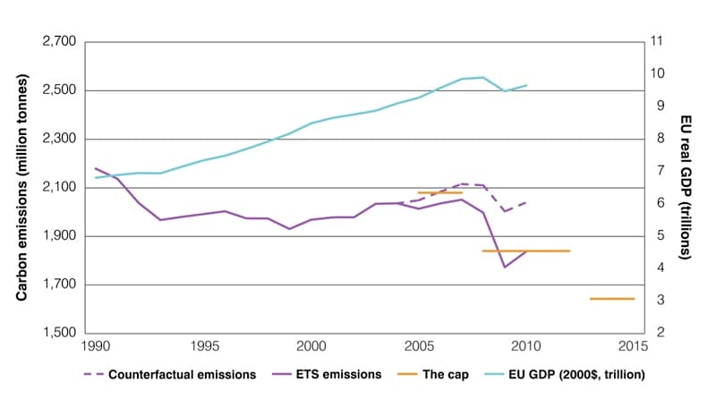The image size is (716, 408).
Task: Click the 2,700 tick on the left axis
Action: click(61, 42)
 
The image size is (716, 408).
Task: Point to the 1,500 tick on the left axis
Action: click(61, 333)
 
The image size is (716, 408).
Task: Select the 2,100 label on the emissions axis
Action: click(61, 188)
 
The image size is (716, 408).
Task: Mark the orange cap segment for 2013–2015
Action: click(612, 299)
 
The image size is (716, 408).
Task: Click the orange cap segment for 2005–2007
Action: click(440, 192)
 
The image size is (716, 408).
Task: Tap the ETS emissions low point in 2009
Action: click(505, 267)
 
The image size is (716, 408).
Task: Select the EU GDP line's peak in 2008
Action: click(483, 77)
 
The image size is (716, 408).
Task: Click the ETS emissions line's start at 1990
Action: click(96, 168)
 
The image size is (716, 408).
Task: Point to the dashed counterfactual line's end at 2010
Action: click(526, 201)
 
